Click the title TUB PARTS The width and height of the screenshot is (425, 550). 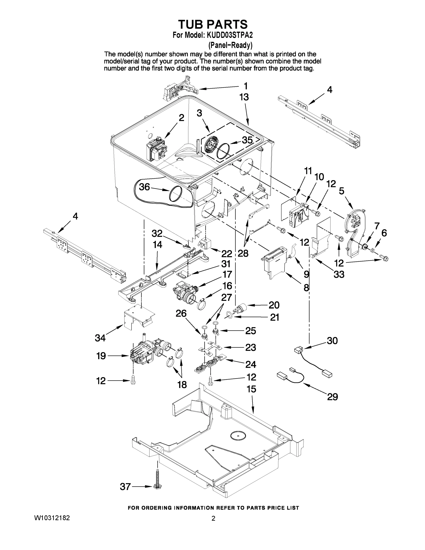(213, 25)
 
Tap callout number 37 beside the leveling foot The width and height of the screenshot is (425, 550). (125, 487)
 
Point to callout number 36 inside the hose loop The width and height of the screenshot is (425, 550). (144, 187)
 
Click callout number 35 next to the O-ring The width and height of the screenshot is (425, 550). (247, 140)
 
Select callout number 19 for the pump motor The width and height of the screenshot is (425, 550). (101, 356)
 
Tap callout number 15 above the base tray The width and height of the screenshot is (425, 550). (251, 389)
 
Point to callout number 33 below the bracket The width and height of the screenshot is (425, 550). (339, 274)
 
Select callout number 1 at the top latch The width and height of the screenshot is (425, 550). (245, 86)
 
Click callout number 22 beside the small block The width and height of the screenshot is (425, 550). (227, 253)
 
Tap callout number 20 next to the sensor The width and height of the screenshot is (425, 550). (274, 305)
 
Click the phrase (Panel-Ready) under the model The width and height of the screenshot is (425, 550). (230, 45)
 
